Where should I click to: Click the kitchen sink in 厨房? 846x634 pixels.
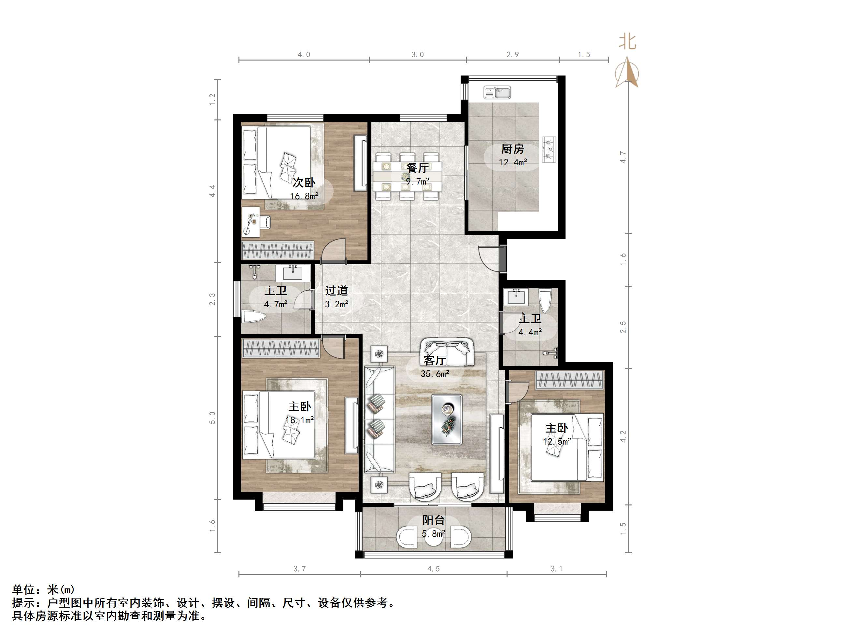(x=497, y=92)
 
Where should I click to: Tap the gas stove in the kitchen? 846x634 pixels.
(x=550, y=149)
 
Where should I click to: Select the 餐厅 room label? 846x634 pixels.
(x=417, y=167)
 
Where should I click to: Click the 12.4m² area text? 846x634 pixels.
(x=512, y=162)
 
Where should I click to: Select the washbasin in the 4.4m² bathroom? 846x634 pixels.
(x=517, y=296)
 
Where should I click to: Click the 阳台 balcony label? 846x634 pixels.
(x=433, y=520)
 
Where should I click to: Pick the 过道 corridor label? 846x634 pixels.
(x=336, y=291)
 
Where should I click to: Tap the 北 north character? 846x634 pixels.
(x=627, y=42)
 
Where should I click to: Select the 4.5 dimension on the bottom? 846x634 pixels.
(x=433, y=569)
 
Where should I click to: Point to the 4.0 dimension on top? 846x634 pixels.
(x=304, y=55)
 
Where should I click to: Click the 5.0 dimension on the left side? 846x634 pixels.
(x=212, y=418)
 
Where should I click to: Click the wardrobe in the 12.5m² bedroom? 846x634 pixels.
(x=569, y=380)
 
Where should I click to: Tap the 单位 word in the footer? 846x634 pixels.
(x=24, y=590)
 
